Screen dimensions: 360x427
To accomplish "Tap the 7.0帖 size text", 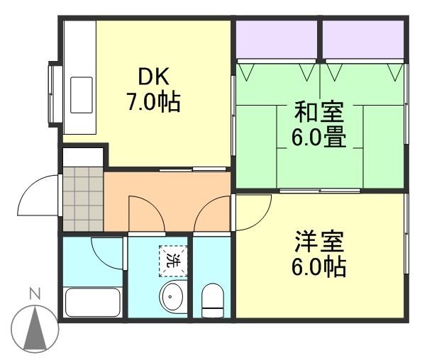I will pyautogui.click(x=153, y=103).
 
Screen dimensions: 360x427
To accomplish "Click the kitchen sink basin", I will pyautogui.click(x=82, y=95).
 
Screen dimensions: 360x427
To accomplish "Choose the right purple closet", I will pyautogui.click(x=364, y=39).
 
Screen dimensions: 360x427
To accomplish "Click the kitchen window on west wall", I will pyautogui.click(x=53, y=94).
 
